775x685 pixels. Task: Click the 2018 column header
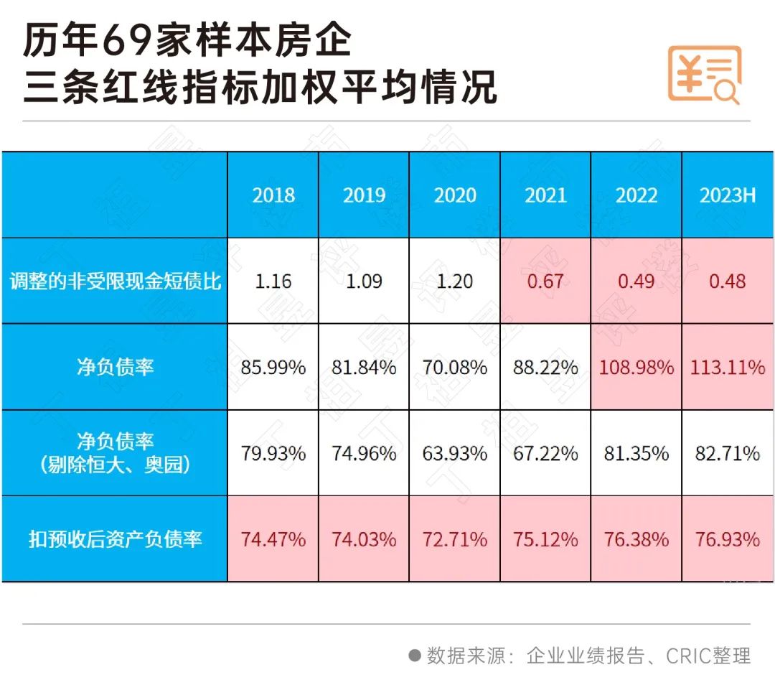pyautogui.click(x=273, y=195)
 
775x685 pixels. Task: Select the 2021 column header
pyautogui.click(x=545, y=195)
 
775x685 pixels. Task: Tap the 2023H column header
pyautogui.click(x=727, y=195)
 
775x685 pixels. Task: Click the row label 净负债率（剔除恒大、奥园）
pyautogui.click(x=115, y=453)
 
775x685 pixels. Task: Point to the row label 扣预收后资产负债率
pyautogui.click(x=115, y=539)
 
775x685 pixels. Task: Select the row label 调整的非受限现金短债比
pyautogui.click(x=115, y=281)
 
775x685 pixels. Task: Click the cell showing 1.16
pyautogui.click(x=273, y=281)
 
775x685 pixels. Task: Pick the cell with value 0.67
pyautogui.click(x=545, y=281)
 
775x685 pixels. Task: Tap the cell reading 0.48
pyautogui.click(x=727, y=281)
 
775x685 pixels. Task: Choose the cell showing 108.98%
pyautogui.click(x=636, y=368)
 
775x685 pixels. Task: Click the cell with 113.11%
pyautogui.click(x=727, y=368)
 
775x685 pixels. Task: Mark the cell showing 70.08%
pyautogui.click(x=454, y=368)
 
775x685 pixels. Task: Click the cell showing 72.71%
pyautogui.click(x=454, y=539)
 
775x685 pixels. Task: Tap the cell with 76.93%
pyautogui.click(x=727, y=539)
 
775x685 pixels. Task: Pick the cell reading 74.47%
pyautogui.click(x=273, y=539)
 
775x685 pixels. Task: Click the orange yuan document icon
pyautogui.click(x=704, y=75)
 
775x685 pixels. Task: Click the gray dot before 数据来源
pyautogui.click(x=414, y=655)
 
